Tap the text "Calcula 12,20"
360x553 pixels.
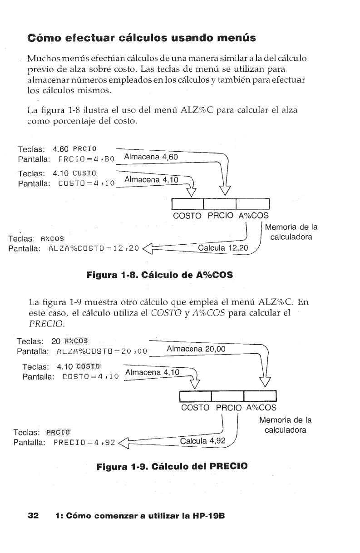coord(222,247)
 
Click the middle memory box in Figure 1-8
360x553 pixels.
coord(220,203)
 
